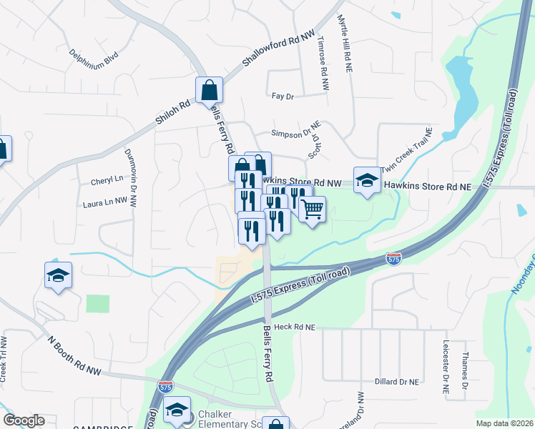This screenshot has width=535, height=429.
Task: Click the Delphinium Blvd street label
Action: point(94,58)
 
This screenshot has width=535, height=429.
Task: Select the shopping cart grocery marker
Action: point(312,210)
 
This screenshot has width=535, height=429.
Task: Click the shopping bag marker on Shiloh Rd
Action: point(209,91)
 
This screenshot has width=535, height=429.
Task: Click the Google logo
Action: point(24,420)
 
